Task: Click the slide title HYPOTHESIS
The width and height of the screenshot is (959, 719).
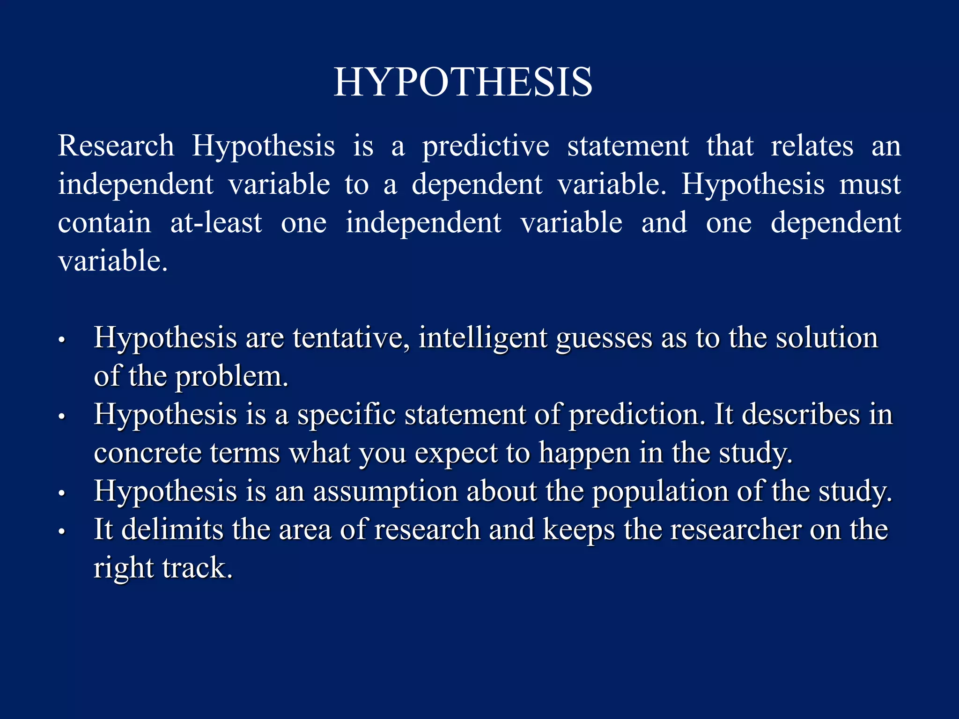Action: click(x=463, y=82)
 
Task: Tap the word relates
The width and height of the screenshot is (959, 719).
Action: click(x=812, y=146)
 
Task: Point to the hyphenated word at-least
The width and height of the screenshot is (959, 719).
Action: click(x=216, y=223)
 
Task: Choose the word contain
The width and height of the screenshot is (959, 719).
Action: click(x=104, y=223)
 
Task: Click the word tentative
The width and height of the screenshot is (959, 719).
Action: click(x=351, y=337)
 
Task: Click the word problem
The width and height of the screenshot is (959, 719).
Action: click(x=231, y=377)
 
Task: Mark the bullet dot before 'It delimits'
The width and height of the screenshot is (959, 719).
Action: click(x=61, y=532)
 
